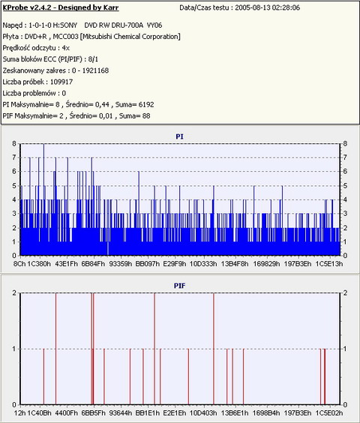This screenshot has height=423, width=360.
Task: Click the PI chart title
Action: coord(179,136)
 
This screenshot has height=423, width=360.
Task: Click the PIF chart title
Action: coord(179,286)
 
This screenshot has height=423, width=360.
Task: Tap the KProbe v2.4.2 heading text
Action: coord(61,7)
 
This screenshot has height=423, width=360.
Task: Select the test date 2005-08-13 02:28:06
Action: coord(267,7)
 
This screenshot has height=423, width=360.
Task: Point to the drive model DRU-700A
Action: coord(127,25)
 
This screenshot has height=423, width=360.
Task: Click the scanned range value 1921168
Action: coord(95,70)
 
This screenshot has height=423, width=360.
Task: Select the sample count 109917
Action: coord(61,82)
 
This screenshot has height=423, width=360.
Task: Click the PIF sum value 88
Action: coord(146,115)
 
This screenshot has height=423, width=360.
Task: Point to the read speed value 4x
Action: coord(65,48)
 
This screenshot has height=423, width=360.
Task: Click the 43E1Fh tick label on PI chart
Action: coord(67,263)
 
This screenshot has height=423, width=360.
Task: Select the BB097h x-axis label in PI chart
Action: coord(147,263)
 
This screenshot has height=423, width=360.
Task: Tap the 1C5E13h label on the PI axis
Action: coord(329,263)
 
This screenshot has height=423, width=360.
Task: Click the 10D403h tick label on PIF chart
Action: coord(203,413)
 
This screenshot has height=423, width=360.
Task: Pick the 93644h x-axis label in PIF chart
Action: coord(121,413)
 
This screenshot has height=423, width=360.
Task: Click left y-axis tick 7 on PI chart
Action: coord(14,157)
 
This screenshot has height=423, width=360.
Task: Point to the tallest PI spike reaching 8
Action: coord(44,199)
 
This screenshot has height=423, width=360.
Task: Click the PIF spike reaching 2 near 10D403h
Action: coord(214,349)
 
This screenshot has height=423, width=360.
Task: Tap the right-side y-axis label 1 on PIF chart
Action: coord(345,349)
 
